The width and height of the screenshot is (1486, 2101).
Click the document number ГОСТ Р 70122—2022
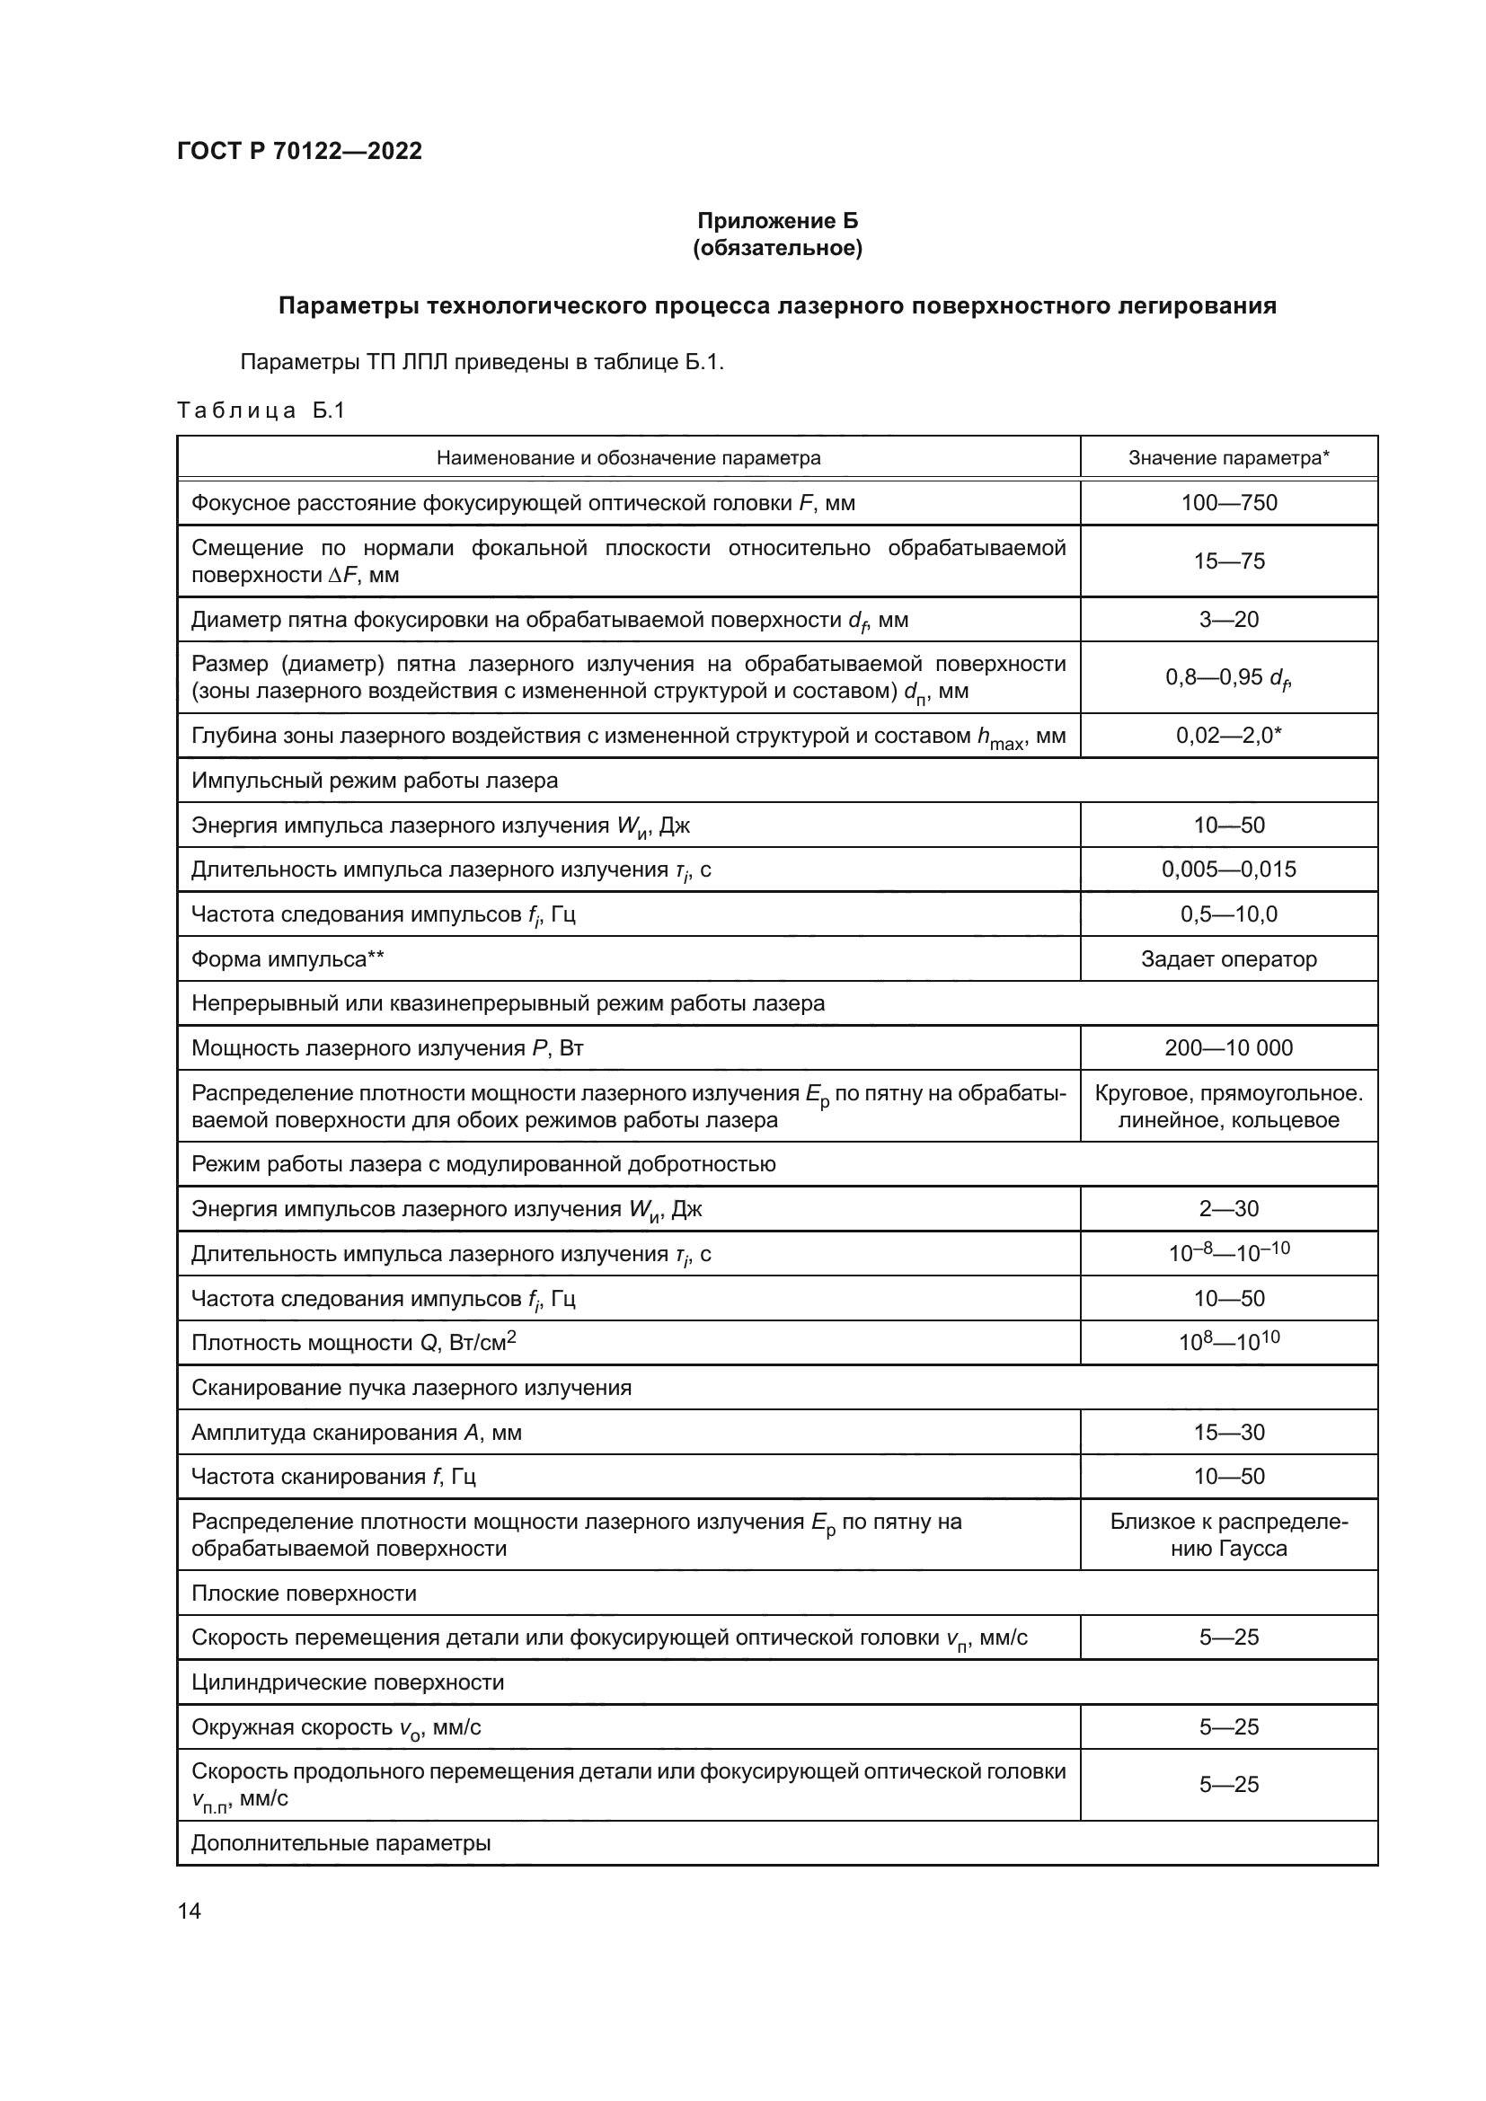coord(299,151)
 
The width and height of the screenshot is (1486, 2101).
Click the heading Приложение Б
coord(777,221)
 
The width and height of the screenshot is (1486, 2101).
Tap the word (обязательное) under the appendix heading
coord(777,248)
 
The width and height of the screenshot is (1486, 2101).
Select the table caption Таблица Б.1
coord(261,410)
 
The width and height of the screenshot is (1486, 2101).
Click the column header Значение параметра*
coord(1228,457)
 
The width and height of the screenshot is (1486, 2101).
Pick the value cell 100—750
coord(1228,502)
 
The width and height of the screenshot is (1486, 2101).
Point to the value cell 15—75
coord(1228,561)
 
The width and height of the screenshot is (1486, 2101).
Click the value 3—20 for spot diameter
coord(1228,620)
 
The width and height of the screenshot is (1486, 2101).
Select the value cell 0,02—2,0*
coord(1228,736)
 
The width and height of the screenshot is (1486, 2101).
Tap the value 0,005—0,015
coord(1228,870)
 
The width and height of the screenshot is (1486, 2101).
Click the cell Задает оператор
coord(1228,959)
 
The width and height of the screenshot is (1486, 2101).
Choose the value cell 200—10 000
coord(1228,1047)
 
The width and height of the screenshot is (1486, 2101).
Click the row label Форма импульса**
coord(287,959)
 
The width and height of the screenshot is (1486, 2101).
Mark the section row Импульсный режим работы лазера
coord(375,781)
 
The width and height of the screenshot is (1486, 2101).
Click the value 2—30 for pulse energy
coord(1228,1209)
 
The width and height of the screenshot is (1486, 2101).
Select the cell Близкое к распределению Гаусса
coord(1228,1534)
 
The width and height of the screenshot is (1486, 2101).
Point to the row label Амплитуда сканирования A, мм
coord(356,1432)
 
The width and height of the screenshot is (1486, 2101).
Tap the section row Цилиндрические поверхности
coord(348,1682)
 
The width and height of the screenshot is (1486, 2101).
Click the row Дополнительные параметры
coord(341,1843)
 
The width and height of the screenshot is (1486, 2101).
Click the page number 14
coord(190,1910)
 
